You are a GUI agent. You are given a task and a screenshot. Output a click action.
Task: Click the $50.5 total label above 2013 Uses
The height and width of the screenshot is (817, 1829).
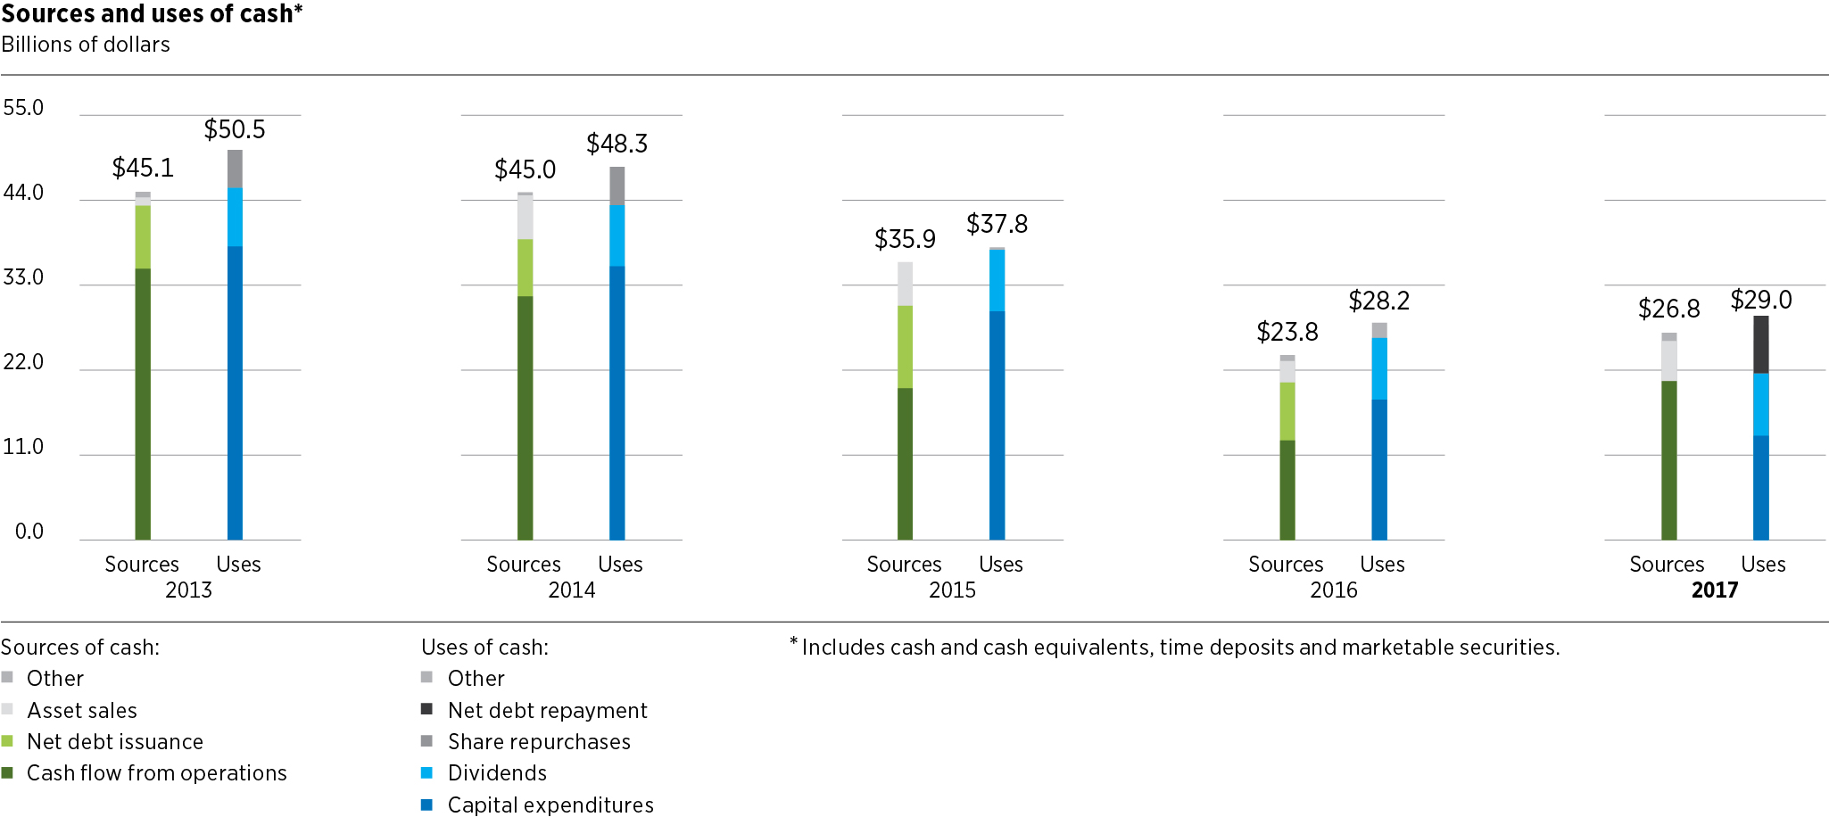(235, 130)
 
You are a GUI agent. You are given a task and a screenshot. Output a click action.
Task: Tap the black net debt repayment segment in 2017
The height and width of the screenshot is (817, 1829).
(1760, 344)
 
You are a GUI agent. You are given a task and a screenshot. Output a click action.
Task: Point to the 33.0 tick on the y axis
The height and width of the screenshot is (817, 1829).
(23, 277)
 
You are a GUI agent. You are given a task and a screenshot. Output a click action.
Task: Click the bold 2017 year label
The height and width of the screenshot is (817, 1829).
(1714, 590)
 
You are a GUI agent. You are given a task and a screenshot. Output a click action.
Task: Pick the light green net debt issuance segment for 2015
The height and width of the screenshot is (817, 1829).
(905, 346)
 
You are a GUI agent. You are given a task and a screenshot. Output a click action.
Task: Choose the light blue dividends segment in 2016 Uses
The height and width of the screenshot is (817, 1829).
(1379, 368)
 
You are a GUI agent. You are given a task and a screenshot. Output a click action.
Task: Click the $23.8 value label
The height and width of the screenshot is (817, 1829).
(1287, 333)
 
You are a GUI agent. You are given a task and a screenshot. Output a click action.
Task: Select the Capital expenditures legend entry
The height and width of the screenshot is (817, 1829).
(550, 805)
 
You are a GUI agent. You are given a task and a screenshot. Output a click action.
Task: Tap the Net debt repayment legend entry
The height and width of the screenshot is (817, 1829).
(547, 710)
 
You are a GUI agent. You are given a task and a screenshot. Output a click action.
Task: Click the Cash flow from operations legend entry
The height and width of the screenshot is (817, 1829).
(156, 773)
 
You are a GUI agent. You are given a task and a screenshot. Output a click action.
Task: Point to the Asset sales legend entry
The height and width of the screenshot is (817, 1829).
(81, 710)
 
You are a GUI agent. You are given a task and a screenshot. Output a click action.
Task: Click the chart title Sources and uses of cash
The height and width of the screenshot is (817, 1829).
(152, 14)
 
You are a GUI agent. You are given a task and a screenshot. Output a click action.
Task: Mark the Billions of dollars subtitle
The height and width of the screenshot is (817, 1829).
(86, 45)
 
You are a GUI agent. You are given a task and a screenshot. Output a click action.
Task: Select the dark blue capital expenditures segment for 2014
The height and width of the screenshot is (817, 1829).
(617, 402)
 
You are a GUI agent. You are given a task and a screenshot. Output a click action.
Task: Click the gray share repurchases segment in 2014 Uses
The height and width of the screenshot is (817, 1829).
(617, 186)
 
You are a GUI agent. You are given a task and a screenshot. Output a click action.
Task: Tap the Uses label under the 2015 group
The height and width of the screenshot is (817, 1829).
(1000, 565)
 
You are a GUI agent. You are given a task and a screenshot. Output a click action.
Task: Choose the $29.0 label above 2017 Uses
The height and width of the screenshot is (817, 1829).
(1760, 301)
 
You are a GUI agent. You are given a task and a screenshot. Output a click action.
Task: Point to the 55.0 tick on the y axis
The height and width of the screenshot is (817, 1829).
(23, 108)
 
